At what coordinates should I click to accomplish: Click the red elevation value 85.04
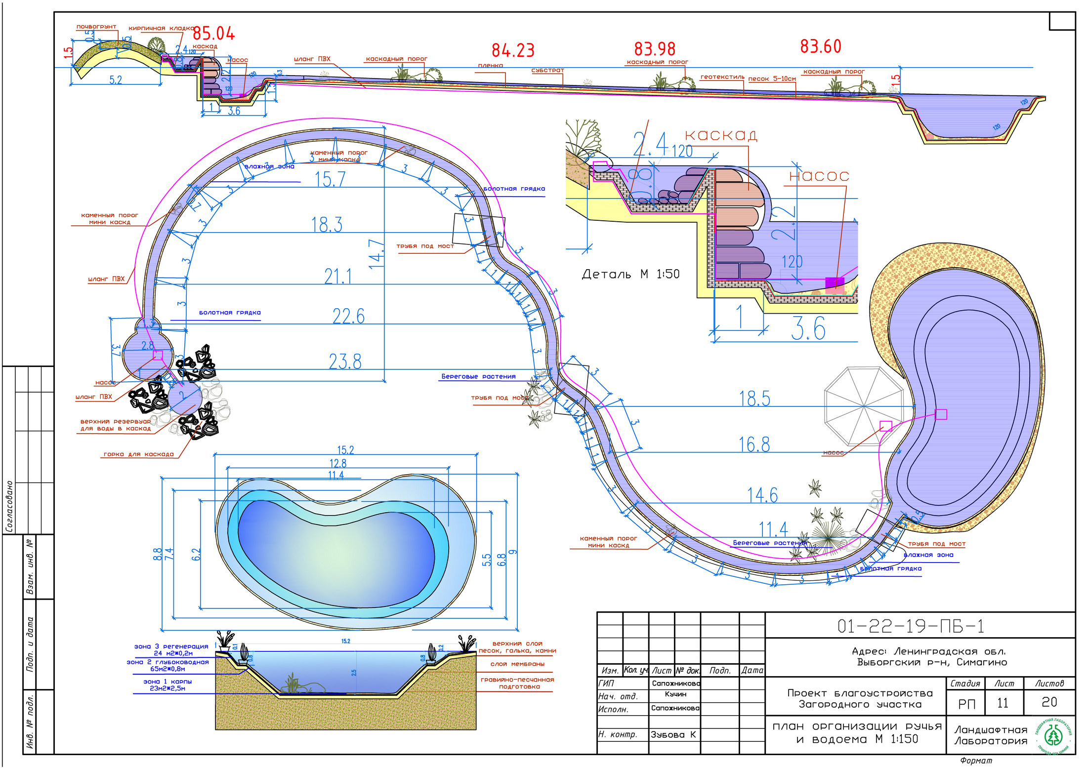click(213, 34)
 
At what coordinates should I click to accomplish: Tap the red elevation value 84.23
click(513, 50)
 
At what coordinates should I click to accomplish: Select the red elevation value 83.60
click(820, 46)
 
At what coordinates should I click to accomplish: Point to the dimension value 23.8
click(345, 362)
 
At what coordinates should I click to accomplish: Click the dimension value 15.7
click(330, 180)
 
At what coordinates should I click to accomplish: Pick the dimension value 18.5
click(754, 399)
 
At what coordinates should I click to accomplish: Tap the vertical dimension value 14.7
click(377, 254)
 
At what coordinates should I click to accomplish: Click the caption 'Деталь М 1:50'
click(630, 274)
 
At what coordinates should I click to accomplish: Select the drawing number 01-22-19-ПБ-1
click(910, 626)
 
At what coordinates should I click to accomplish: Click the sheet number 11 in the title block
click(1003, 703)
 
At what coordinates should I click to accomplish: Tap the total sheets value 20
click(1049, 702)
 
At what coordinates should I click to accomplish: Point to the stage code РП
click(966, 704)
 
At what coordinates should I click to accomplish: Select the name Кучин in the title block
click(675, 694)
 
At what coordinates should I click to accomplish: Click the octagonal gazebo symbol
click(863, 406)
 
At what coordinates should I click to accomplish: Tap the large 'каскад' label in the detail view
click(721, 135)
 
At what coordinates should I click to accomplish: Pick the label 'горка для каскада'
click(138, 454)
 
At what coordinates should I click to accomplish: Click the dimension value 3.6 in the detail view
click(808, 328)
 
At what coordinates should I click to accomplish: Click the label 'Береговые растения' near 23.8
click(478, 376)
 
